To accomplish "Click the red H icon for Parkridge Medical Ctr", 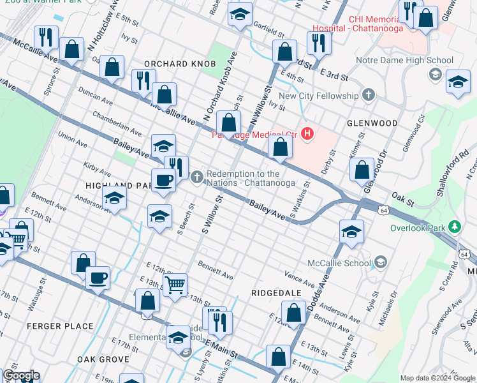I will pyautogui.click(x=308, y=133).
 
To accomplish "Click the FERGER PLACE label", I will pyautogui.click(x=60, y=326).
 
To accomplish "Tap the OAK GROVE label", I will pyautogui.click(x=104, y=359).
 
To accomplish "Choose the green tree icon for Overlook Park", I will pyautogui.click(x=454, y=227).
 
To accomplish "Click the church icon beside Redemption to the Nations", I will pyautogui.click(x=198, y=177).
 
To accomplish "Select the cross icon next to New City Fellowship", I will pyautogui.click(x=368, y=96).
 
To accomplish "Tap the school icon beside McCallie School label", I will pyautogui.click(x=381, y=262).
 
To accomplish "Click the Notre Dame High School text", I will pyautogui.click(x=404, y=61).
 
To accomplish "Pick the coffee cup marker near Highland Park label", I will pyautogui.click(x=163, y=180).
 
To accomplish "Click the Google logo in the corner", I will pyautogui.click(x=20, y=376).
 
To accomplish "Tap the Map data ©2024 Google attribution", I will pyautogui.click(x=437, y=378).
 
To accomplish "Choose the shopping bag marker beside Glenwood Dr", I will pyautogui.click(x=362, y=170).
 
